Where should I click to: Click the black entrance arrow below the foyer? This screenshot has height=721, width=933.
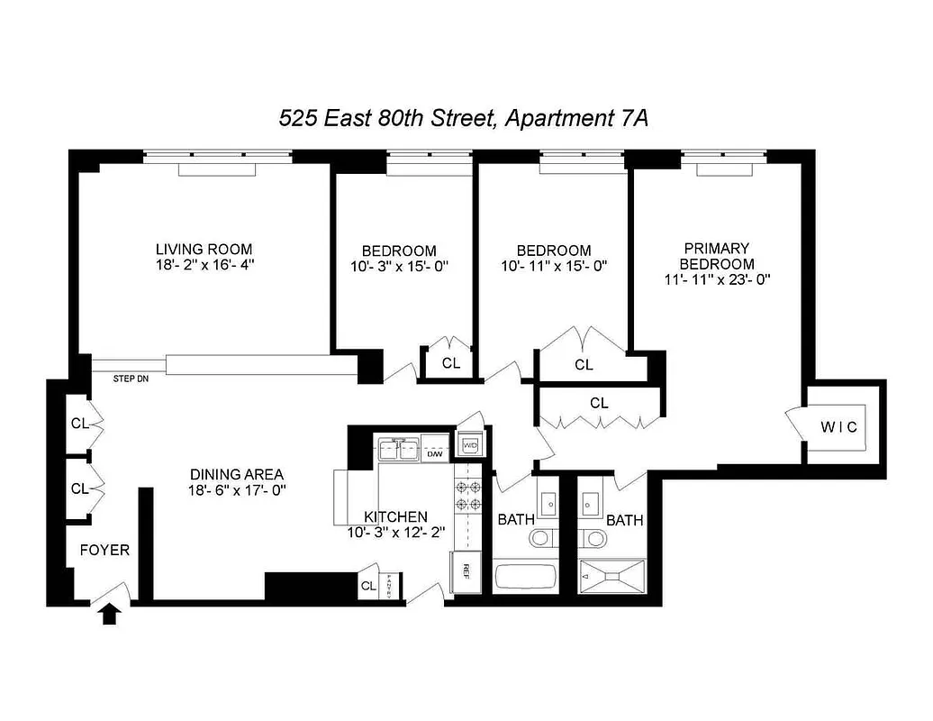coord(110,615)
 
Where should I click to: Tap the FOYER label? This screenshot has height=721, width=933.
coord(104,550)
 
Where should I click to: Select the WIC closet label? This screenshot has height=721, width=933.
coord(839,426)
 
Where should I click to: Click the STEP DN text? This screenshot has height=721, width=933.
coord(131,379)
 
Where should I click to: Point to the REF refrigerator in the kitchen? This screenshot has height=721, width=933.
coord(466,570)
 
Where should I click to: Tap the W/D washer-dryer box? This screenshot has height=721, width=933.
coord(470,445)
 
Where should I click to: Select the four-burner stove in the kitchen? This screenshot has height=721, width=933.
coord(468,494)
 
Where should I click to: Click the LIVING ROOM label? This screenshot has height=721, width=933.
coord(204,249)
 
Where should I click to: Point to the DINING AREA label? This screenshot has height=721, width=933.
coord(237,474)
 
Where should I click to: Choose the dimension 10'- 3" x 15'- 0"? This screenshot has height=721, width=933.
coord(399,267)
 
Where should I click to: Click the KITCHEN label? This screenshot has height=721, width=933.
coord(395,516)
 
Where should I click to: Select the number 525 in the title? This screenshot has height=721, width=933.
coord(296,118)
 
